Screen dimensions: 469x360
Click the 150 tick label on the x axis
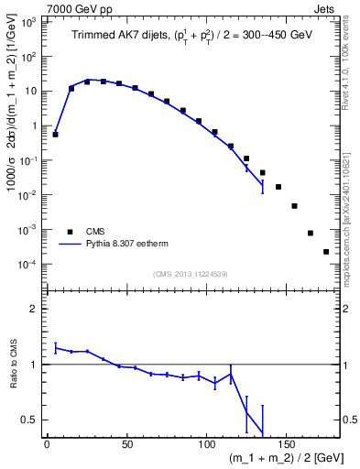tap(289, 443)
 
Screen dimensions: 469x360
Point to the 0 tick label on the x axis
tap(47, 443)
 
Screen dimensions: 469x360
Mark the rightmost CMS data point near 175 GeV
tap(326, 251)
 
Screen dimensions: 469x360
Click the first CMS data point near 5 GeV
tap(55, 135)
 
